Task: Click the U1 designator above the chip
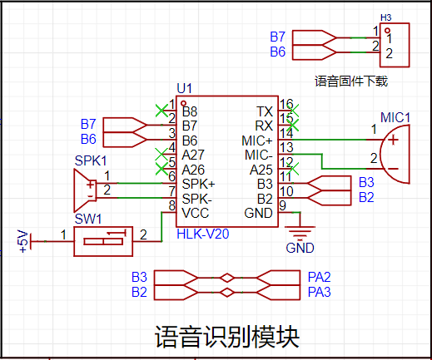pos(184,88)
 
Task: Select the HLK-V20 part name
pos(203,234)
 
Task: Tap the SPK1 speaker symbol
pos(86,190)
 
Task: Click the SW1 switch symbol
pos(103,241)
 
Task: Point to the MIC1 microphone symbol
pos(395,154)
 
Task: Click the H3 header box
pos(395,45)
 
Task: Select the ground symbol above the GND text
pos(300,232)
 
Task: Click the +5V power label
pos(22,241)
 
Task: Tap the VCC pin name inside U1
pos(196,213)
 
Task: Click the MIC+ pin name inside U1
pos(257,141)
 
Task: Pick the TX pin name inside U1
pos(265,111)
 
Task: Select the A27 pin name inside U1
pos(193,155)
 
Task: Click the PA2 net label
pos(320,277)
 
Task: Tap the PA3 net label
pos(320,292)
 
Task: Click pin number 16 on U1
pos(286,105)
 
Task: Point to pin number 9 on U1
pos(282,205)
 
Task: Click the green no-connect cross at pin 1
pos(161,111)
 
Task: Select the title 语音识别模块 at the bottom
pos(227,337)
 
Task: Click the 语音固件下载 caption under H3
pos(351,81)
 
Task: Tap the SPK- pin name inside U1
pos(197,199)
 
